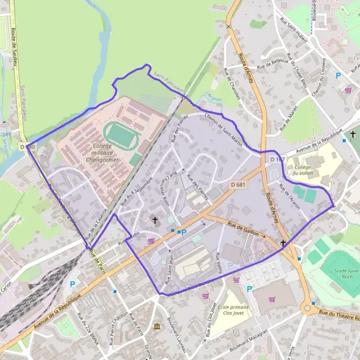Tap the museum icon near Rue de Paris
click(x=157, y=326)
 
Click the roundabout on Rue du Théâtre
click(x=309, y=310)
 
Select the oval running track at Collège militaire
click(x=122, y=136)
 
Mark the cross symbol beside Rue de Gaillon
click(x=283, y=243)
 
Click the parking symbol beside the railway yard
click(x=73, y=284)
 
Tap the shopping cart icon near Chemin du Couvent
click(x=349, y=90)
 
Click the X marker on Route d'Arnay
click(x=228, y=26)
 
